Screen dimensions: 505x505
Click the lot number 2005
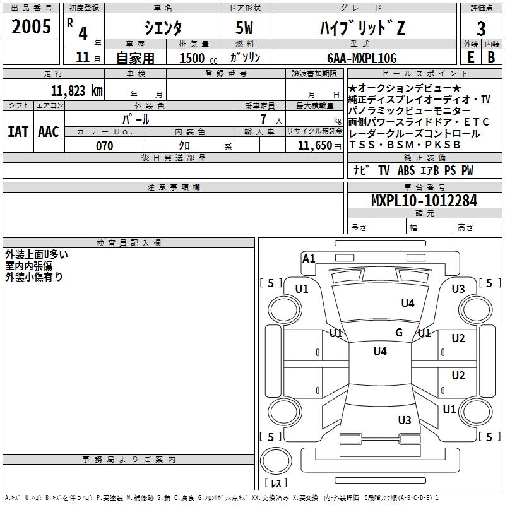(x=32, y=27)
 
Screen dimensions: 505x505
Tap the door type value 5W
(x=246, y=27)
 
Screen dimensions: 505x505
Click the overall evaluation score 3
(x=481, y=28)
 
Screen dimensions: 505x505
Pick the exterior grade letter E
(x=470, y=57)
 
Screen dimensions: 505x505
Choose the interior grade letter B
(x=491, y=57)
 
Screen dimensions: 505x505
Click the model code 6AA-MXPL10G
(x=362, y=58)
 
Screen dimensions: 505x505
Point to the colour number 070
(x=104, y=146)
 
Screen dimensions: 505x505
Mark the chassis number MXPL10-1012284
(x=424, y=201)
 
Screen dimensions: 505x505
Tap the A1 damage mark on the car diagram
(x=309, y=259)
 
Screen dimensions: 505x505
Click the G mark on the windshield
(x=399, y=333)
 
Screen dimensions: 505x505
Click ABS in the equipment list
(x=407, y=170)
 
